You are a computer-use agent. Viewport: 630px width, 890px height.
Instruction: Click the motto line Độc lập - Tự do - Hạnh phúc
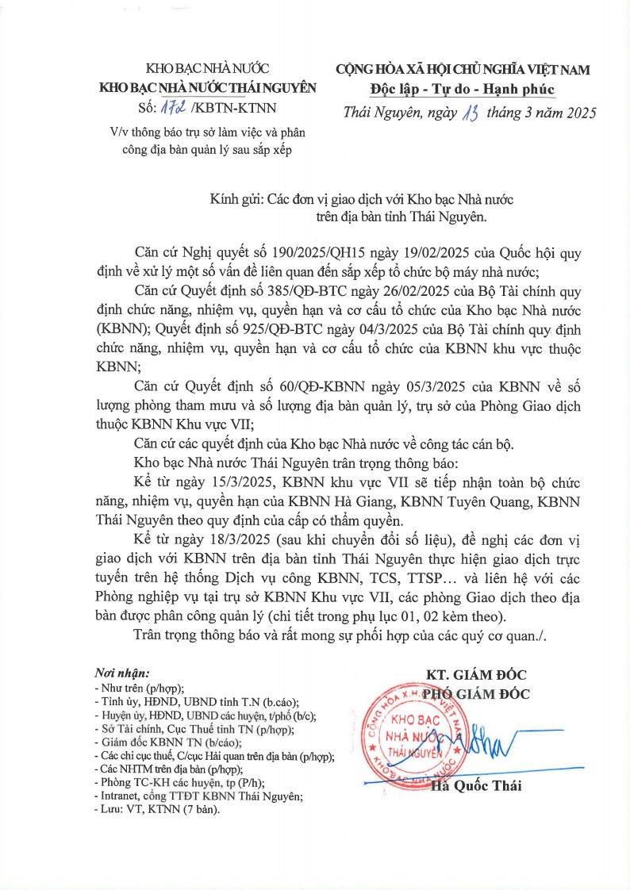(x=462, y=88)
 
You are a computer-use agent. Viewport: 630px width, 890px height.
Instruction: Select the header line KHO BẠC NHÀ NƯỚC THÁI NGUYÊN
(x=206, y=88)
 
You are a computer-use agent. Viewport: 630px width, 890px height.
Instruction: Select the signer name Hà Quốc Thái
(x=476, y=787)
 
